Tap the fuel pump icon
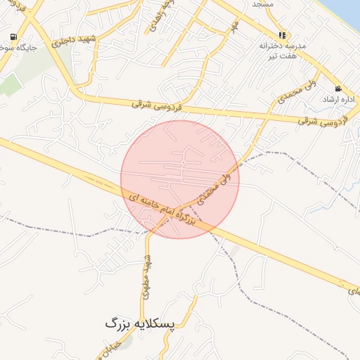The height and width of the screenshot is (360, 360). click(x=13, y=37)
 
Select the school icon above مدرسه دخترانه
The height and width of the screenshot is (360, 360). click(x=282, y=34)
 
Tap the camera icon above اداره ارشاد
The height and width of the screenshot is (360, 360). click(x=338, y=89)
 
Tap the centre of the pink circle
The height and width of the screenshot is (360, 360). click(x=180, y=179)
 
